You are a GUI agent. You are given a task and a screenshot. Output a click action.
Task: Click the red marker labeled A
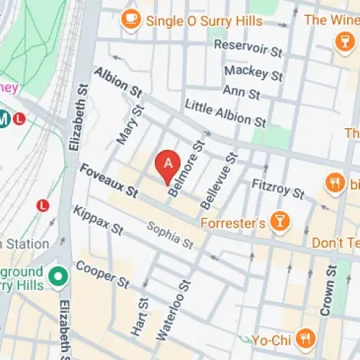click(x=167, y=163)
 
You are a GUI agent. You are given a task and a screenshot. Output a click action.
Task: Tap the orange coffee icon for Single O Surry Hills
click(x=130, y=20)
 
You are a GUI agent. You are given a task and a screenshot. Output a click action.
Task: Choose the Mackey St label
click(x=253, y=72)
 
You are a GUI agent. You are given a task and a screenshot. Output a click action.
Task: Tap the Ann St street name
click(x=241, y=93)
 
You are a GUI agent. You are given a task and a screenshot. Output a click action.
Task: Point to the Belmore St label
click(x=184, y=163)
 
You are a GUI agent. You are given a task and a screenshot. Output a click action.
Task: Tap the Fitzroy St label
click(x=278, y=189)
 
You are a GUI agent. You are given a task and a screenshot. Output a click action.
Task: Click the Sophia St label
click(x=169, y=235)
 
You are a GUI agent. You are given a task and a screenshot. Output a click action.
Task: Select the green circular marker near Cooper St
click(x=57, y=275)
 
